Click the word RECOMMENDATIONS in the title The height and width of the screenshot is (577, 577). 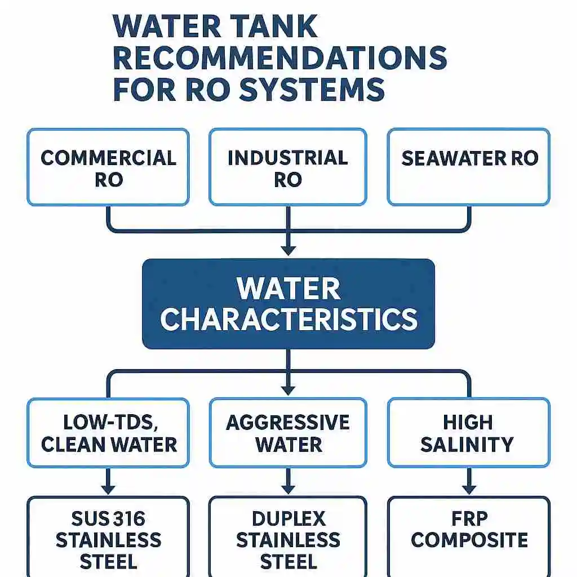coord(280,57)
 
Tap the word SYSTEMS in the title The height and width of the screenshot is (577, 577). coord(312,89)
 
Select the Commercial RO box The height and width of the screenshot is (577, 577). coord(108,167)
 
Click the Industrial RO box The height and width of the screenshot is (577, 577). coord(288,167)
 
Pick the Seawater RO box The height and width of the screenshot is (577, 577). coord(469,167)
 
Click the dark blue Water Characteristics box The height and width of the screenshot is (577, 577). coord(288,304)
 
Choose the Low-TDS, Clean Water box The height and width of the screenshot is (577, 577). coord(108,433)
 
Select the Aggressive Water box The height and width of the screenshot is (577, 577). coord(288,433)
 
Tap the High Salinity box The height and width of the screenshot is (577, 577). coord(469,433)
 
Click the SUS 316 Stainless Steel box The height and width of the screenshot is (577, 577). coord(108,536)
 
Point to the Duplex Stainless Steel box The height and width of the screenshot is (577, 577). coord(288,536)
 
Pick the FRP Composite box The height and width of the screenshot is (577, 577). coord(469,536)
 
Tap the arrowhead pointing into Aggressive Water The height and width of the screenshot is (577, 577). coord(288,390)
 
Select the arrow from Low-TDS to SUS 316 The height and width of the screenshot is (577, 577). coord(108,481)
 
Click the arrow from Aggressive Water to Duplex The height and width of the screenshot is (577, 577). coord(288,481)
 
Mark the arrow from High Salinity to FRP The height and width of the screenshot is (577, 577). coord(469,481)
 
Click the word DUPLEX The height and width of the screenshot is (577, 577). coord(289,519)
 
